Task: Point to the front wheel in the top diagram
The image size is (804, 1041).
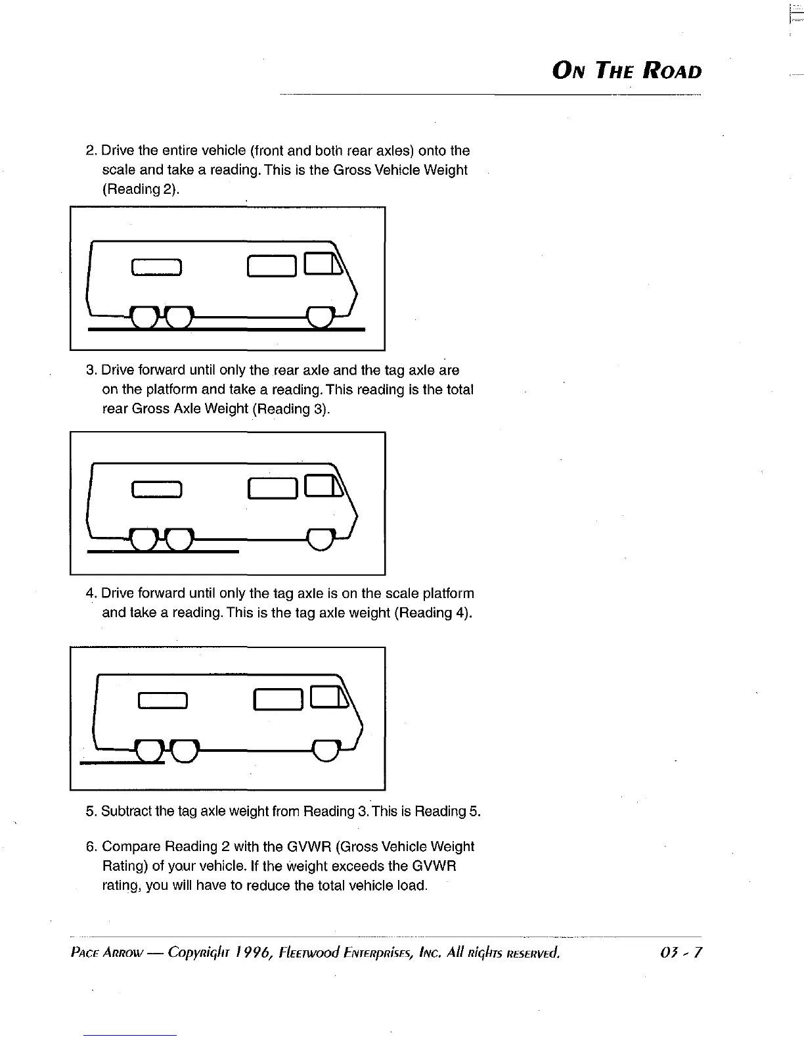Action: click(321, 317)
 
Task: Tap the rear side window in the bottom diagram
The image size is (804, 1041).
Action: click(162, 702)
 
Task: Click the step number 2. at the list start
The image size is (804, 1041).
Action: click(92, 151)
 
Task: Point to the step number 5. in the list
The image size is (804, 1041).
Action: click(92, 812)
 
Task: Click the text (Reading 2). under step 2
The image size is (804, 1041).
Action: click(141, 189)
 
